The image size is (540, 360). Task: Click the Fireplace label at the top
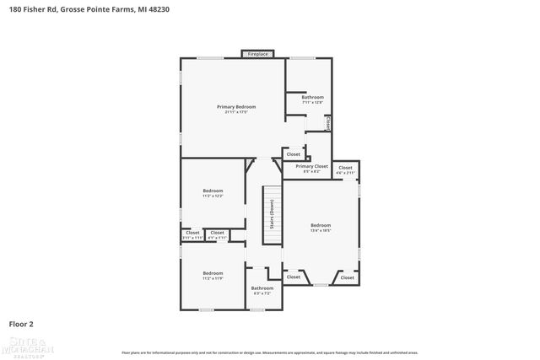[x=257, y=54]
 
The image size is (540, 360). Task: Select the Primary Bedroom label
[x=236, y=107]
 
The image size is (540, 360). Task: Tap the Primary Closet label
[x=311, y=167]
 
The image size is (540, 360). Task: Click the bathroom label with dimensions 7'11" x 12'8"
[x=313, y=98]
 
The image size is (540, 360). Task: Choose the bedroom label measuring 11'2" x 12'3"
[x=213, y=191]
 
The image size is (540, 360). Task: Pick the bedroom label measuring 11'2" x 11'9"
[x=213, y=273]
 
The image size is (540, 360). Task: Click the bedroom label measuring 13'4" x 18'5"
[x=321, y=225]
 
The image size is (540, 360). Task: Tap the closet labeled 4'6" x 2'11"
[x=346, y=168]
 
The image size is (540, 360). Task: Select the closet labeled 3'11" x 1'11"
[x=192, y=233]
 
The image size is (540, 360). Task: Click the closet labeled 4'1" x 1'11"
[x=217, y=233]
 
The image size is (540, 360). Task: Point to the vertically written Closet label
[x=328, y=122]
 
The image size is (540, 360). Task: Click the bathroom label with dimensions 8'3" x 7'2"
[x=262, y=288]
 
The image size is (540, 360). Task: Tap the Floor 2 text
[x=21, y=323]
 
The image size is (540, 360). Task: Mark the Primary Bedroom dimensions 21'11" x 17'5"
[x=236, y=112]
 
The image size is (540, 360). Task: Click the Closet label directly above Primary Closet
[x=294, y=154]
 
